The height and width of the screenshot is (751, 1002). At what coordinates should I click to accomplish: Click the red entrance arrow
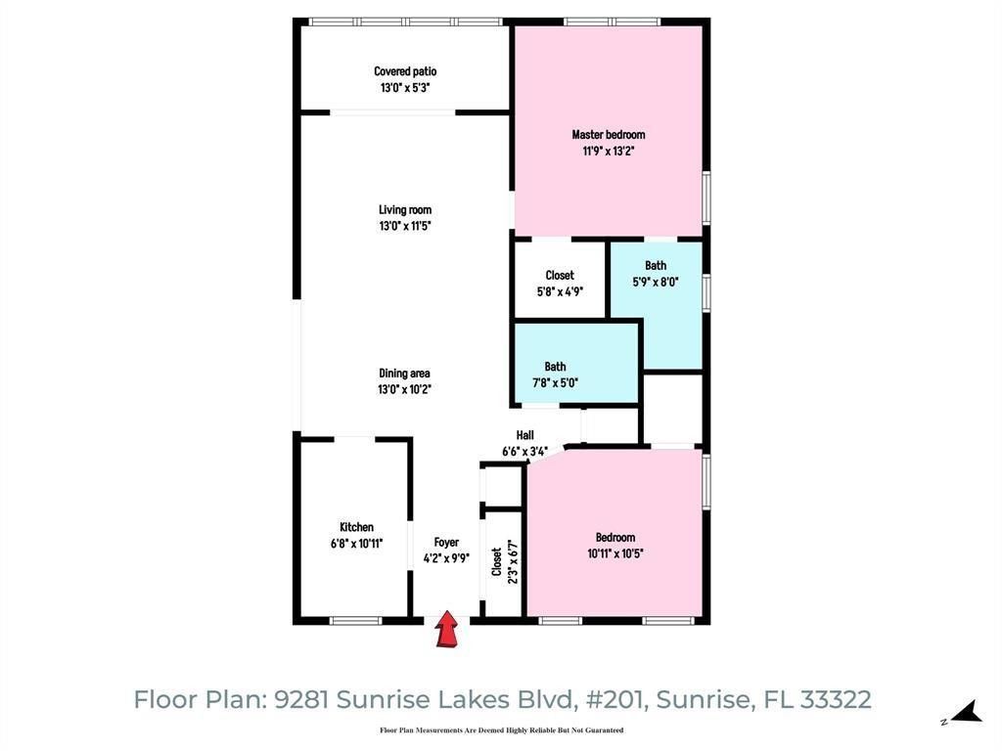pyautogui.click(x=446, y=629)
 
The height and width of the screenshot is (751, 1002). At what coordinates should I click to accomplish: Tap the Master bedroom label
pyautogui.click(x=609, y=135)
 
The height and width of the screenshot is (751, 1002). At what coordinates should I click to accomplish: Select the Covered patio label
pyautogui.click(x=405, y=71)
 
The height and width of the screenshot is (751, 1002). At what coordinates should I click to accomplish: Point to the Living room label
pyautogui.click(x=405, y=209)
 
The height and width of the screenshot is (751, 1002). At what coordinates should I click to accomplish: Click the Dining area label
pyautogui.click(x=405, y=373)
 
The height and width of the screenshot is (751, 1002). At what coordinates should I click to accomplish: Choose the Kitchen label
pyautogui.click(x=356, y=527)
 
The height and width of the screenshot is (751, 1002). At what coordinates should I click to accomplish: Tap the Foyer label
pyautogui.click(x=446, y=542)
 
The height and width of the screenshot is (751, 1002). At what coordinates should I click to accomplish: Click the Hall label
pyautogui.click(x=525, y=435)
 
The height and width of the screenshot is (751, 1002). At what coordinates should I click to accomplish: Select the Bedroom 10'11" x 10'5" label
pyautogui.click(x=615, y=537)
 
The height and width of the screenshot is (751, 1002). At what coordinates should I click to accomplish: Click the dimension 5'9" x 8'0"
pyautogui.click(x=656, y=282)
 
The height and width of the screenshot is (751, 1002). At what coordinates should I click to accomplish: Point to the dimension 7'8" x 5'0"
pyautogui.click(x=555, y=383)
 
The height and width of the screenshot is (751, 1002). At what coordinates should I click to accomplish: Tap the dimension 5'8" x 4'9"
pyautogui.click(x=560, y=290)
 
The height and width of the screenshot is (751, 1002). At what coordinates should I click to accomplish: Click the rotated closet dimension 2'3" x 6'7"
pyautogui.click(x=512, y=562)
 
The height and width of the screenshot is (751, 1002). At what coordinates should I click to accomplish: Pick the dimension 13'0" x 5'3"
pyautogui.click(x=405, y=87)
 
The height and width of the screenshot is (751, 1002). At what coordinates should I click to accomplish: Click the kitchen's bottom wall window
pyautogui.click(x=355, y=620)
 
